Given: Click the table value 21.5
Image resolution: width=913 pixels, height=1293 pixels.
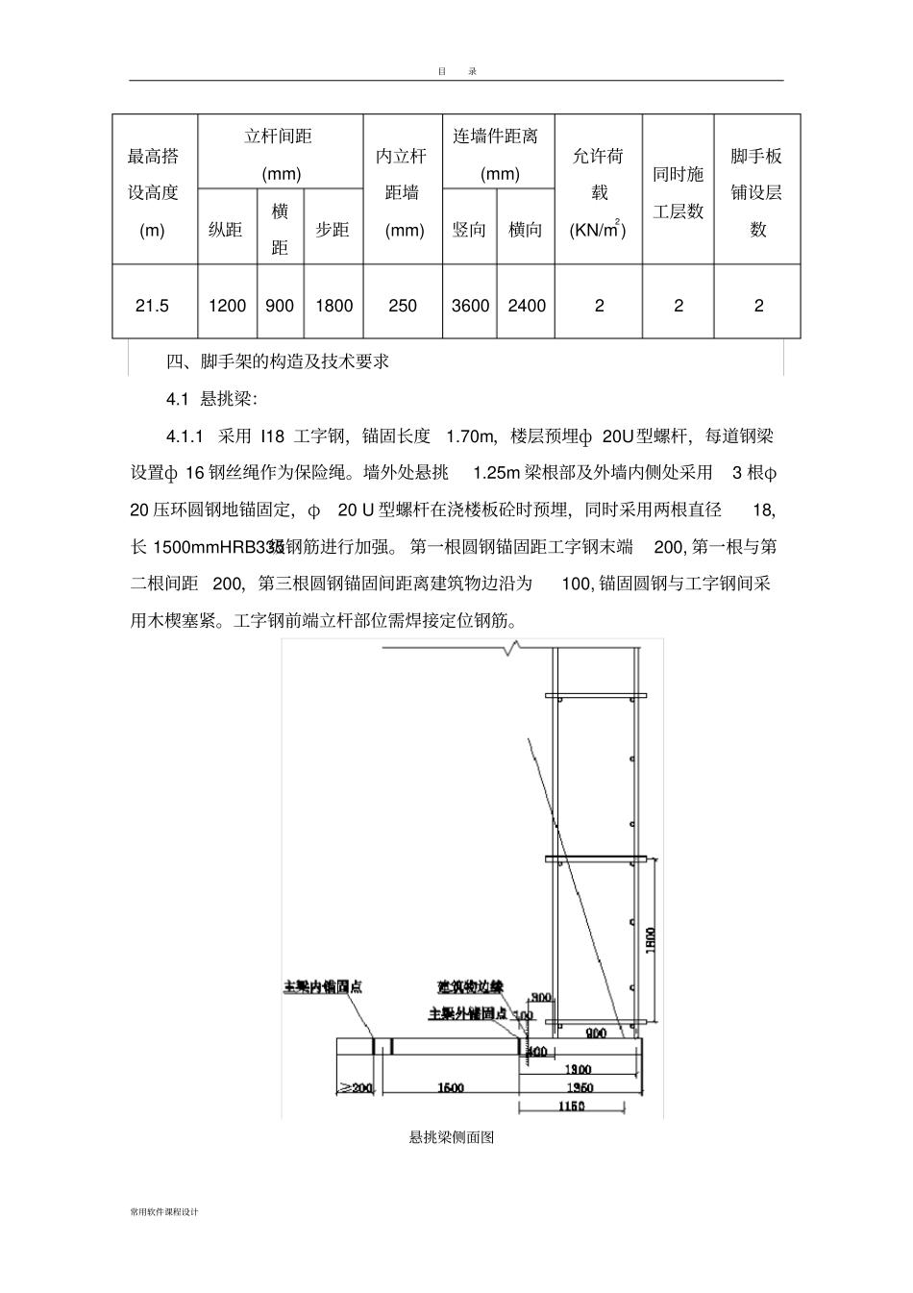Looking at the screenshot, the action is tap(152, 306).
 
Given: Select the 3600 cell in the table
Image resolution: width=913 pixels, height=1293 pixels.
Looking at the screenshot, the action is tap(470, 306).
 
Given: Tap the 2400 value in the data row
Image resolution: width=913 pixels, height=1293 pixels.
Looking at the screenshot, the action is tap(526, 306).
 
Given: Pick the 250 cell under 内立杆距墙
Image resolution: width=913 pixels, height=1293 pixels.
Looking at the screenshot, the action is tap(403, 306).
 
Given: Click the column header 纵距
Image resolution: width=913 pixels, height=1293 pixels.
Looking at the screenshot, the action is tap(226, 230).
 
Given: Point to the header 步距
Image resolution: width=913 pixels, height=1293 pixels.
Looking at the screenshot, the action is tap(333, 230).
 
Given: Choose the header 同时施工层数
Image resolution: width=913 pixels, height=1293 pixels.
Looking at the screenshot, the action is tap(679, 192).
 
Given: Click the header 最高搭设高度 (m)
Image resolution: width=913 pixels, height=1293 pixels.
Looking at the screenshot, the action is tap(154, 192).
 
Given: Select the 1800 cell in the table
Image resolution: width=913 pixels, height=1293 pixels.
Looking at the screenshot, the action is tap(333, 306).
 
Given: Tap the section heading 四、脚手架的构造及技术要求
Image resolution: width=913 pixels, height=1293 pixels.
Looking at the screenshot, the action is tap(278, 362).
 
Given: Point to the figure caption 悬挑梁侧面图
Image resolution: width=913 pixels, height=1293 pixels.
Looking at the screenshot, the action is tap(452, 1137).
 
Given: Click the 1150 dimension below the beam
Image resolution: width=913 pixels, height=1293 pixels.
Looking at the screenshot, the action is tap(572, 1107).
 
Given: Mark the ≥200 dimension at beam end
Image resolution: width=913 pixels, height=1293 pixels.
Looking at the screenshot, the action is tap(356, 1087).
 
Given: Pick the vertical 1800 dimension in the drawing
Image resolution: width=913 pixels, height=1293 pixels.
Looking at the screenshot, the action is tap(650, 937).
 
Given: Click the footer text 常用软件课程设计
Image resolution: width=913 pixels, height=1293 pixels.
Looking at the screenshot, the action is tap(163, 1212).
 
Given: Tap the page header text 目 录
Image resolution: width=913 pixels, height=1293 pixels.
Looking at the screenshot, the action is tap(456, 71).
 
